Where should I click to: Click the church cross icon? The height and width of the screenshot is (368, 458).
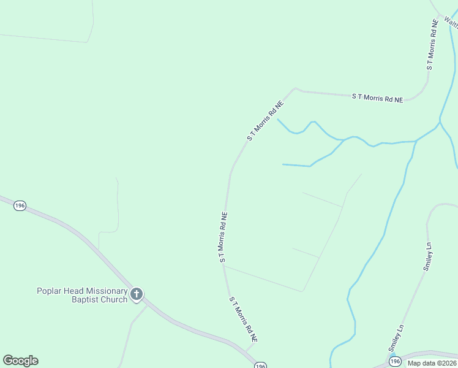[136, 295]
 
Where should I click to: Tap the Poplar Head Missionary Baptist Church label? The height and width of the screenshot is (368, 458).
[82, 295]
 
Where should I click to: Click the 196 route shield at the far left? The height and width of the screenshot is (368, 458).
[20, 206]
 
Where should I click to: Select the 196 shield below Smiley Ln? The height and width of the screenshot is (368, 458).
[394, 361]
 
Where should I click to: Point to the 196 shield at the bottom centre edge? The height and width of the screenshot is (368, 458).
[261, 365]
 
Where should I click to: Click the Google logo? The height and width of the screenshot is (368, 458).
[20, 361]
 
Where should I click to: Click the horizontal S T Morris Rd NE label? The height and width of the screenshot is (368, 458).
[377, 98]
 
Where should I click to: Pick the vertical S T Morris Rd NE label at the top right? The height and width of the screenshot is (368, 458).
[432, 44]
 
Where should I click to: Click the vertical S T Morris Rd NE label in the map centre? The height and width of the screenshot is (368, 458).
[223, 238]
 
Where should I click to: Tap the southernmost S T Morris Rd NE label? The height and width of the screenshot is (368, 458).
[243, 320]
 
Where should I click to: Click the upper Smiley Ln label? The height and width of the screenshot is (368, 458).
[428, 256]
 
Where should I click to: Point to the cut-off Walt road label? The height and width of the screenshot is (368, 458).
[451, 23]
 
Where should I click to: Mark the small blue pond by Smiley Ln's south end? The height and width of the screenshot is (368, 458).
[392, 355]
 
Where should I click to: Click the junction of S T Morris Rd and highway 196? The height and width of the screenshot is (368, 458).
[246, 350]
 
